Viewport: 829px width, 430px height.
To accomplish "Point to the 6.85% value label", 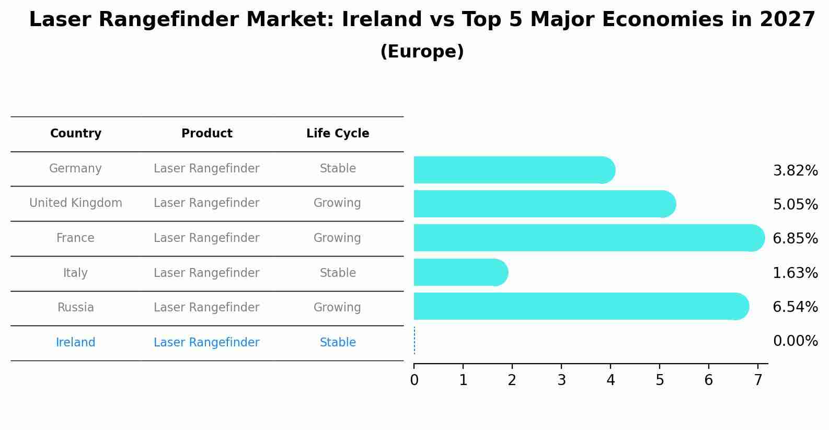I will tap(795, 239).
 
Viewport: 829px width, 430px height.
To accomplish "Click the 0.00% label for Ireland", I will tap(795, 341).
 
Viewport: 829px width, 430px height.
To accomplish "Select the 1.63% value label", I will tap(795, 273).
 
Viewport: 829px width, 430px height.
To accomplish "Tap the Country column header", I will tap(76, 134).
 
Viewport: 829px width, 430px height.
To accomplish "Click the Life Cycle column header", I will tap(338, 134).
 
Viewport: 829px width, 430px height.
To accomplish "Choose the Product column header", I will tap(206, 134).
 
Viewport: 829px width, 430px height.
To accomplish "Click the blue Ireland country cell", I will tap(76, 343).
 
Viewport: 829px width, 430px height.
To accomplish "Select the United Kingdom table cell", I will tap(76, 203).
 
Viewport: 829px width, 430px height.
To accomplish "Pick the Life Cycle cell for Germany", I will tap(338, 169).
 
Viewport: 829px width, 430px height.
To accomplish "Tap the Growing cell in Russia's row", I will tap(337, 308).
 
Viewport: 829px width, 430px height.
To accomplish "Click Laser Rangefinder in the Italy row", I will tap(206, 273).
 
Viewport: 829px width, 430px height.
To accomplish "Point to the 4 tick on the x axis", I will tap(611, 380).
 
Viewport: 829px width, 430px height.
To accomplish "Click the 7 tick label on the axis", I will tap(758, 380).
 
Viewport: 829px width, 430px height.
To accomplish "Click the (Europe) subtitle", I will tap(422, 52).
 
